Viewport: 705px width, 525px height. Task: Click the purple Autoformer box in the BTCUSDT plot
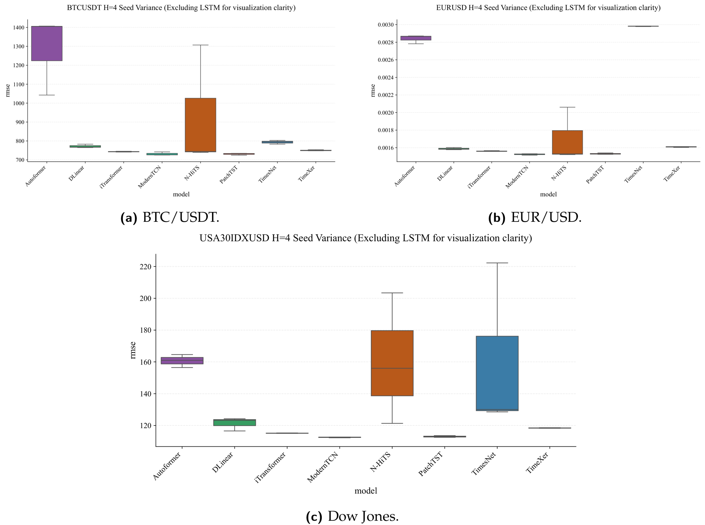[x=47, y=43]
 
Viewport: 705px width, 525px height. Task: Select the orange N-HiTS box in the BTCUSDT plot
[x=200, y=125]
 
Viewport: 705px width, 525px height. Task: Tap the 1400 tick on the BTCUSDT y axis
[x=18, y=28]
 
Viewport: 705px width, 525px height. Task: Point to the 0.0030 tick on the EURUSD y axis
[x=385, y=25]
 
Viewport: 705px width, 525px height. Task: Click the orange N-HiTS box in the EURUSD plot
[x=567, y=142]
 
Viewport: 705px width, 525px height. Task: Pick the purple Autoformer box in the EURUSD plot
[x=416, y=38]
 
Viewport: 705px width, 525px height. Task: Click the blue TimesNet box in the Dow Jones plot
[x=497, y=373]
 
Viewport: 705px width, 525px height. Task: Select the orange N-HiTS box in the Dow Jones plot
[x=392, y=363]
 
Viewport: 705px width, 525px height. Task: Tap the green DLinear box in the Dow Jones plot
[x=234, y=423]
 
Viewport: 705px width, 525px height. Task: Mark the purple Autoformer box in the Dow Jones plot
[x=182, y=360]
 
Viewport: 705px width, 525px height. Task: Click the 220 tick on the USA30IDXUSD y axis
[x=145, y=267]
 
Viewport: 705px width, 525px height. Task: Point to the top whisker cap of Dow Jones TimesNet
[x=497, y=263]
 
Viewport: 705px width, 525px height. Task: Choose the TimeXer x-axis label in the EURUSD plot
[x=672, y=174]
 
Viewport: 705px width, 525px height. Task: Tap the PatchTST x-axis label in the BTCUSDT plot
[x=229, y=175]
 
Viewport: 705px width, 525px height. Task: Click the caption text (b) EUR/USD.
[x=535, y=217]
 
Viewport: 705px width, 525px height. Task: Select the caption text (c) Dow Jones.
[x=352, y=516]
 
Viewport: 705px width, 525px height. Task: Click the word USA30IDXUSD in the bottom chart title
[x=234, y=238]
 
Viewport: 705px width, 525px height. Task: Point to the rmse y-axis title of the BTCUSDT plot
[x=7, y=90]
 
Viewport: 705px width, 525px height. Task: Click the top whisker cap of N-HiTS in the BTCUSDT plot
[x=200, y=45]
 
